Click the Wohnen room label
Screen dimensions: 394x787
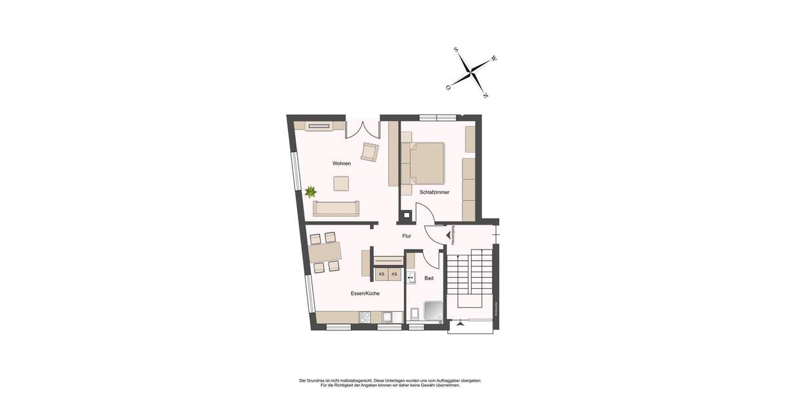(341, 164)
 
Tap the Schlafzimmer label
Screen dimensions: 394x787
(435, 192)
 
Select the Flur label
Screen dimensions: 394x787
(407, 236)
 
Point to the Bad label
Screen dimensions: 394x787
(429, 278)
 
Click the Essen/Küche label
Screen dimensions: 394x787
(365, 294)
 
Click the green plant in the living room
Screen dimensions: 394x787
(310, 192)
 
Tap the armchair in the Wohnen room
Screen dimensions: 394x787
(370, 152)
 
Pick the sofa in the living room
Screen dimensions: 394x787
(336, 208)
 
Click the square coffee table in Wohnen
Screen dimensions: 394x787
(341, 183)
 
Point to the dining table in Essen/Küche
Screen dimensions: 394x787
(325, 252)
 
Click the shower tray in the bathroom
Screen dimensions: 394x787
(435, 311)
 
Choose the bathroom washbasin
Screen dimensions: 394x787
(411, 278)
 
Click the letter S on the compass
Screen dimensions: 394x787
(456, 49)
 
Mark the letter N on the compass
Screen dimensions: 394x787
(485, 96)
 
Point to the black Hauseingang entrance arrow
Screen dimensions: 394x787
(449, 234)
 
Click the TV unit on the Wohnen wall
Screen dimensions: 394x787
(319, 126)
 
